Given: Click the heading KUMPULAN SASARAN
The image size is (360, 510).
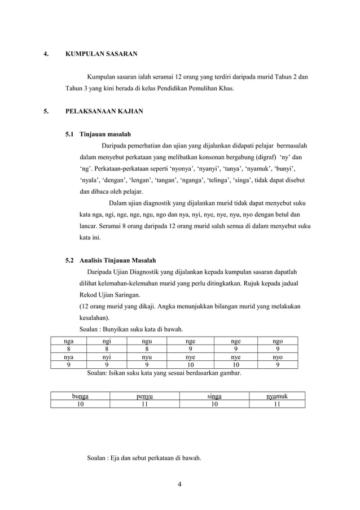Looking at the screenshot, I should tap(102, 54).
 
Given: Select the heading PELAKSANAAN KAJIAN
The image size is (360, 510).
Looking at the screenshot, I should tap(104, 112).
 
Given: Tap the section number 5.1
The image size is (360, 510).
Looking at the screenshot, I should tap(71, 135).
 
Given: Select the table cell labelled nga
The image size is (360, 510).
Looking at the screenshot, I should tap(69, 341).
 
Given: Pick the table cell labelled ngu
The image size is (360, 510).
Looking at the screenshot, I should tap(146, 341).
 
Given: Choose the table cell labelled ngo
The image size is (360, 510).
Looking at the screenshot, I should tap(278, 341).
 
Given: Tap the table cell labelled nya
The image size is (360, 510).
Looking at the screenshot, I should tap(69, 357).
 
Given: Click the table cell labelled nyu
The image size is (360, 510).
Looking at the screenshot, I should tap(146, 357).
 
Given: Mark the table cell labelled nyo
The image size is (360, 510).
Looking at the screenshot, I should tap(278, 357).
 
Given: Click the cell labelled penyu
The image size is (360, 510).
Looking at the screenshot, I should tap(147, 396).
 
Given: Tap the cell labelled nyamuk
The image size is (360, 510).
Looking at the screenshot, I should tap(277, 396).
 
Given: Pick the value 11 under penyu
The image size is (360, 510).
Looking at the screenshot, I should tap(147, 404).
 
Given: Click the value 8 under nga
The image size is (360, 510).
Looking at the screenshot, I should tap(69, 349).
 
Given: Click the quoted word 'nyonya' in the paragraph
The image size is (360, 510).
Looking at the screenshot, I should tap(170, 169).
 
